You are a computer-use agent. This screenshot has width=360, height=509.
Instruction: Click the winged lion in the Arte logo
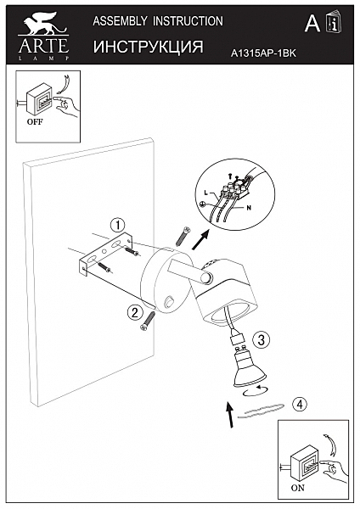point(44,24)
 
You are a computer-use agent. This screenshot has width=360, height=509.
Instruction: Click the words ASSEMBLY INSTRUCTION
point(158,21)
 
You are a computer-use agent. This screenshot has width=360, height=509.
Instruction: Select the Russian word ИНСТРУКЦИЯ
point(148,47)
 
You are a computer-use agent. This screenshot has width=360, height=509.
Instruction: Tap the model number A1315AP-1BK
point(263,53)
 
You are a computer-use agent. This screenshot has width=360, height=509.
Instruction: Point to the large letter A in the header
point(312,24)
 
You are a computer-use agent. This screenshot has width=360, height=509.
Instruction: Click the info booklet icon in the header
point(334,22)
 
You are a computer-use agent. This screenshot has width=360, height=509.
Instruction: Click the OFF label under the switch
point(35,122)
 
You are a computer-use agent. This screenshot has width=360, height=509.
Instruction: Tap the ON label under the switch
point(298,488)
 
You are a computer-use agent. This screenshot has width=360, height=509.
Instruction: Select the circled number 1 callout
point(118,225)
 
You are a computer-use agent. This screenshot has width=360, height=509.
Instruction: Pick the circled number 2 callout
point(135,312)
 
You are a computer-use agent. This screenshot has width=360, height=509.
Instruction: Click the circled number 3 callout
point(262,340)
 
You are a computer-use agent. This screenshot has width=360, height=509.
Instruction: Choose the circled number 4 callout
point(300,405)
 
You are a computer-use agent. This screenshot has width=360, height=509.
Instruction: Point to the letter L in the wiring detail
point(205,193)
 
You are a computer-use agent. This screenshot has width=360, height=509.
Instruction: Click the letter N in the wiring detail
point(249,208)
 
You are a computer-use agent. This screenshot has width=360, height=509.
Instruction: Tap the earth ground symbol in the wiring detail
point(202,204)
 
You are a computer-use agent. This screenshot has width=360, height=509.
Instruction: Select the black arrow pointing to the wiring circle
point(200,240)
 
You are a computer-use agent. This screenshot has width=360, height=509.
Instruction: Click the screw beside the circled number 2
point(148,321)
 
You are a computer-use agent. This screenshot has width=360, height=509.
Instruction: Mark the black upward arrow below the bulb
point(230,414)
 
